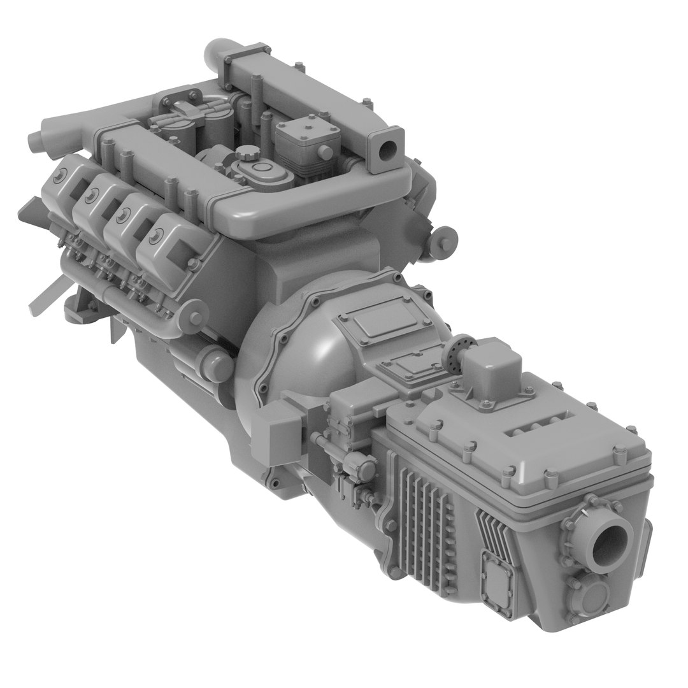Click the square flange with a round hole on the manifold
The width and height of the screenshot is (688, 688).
click(x=389, y=150)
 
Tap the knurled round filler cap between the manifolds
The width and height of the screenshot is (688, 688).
click(x=245, y=154)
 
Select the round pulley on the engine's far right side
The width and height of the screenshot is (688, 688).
click(x=446, y=238)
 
